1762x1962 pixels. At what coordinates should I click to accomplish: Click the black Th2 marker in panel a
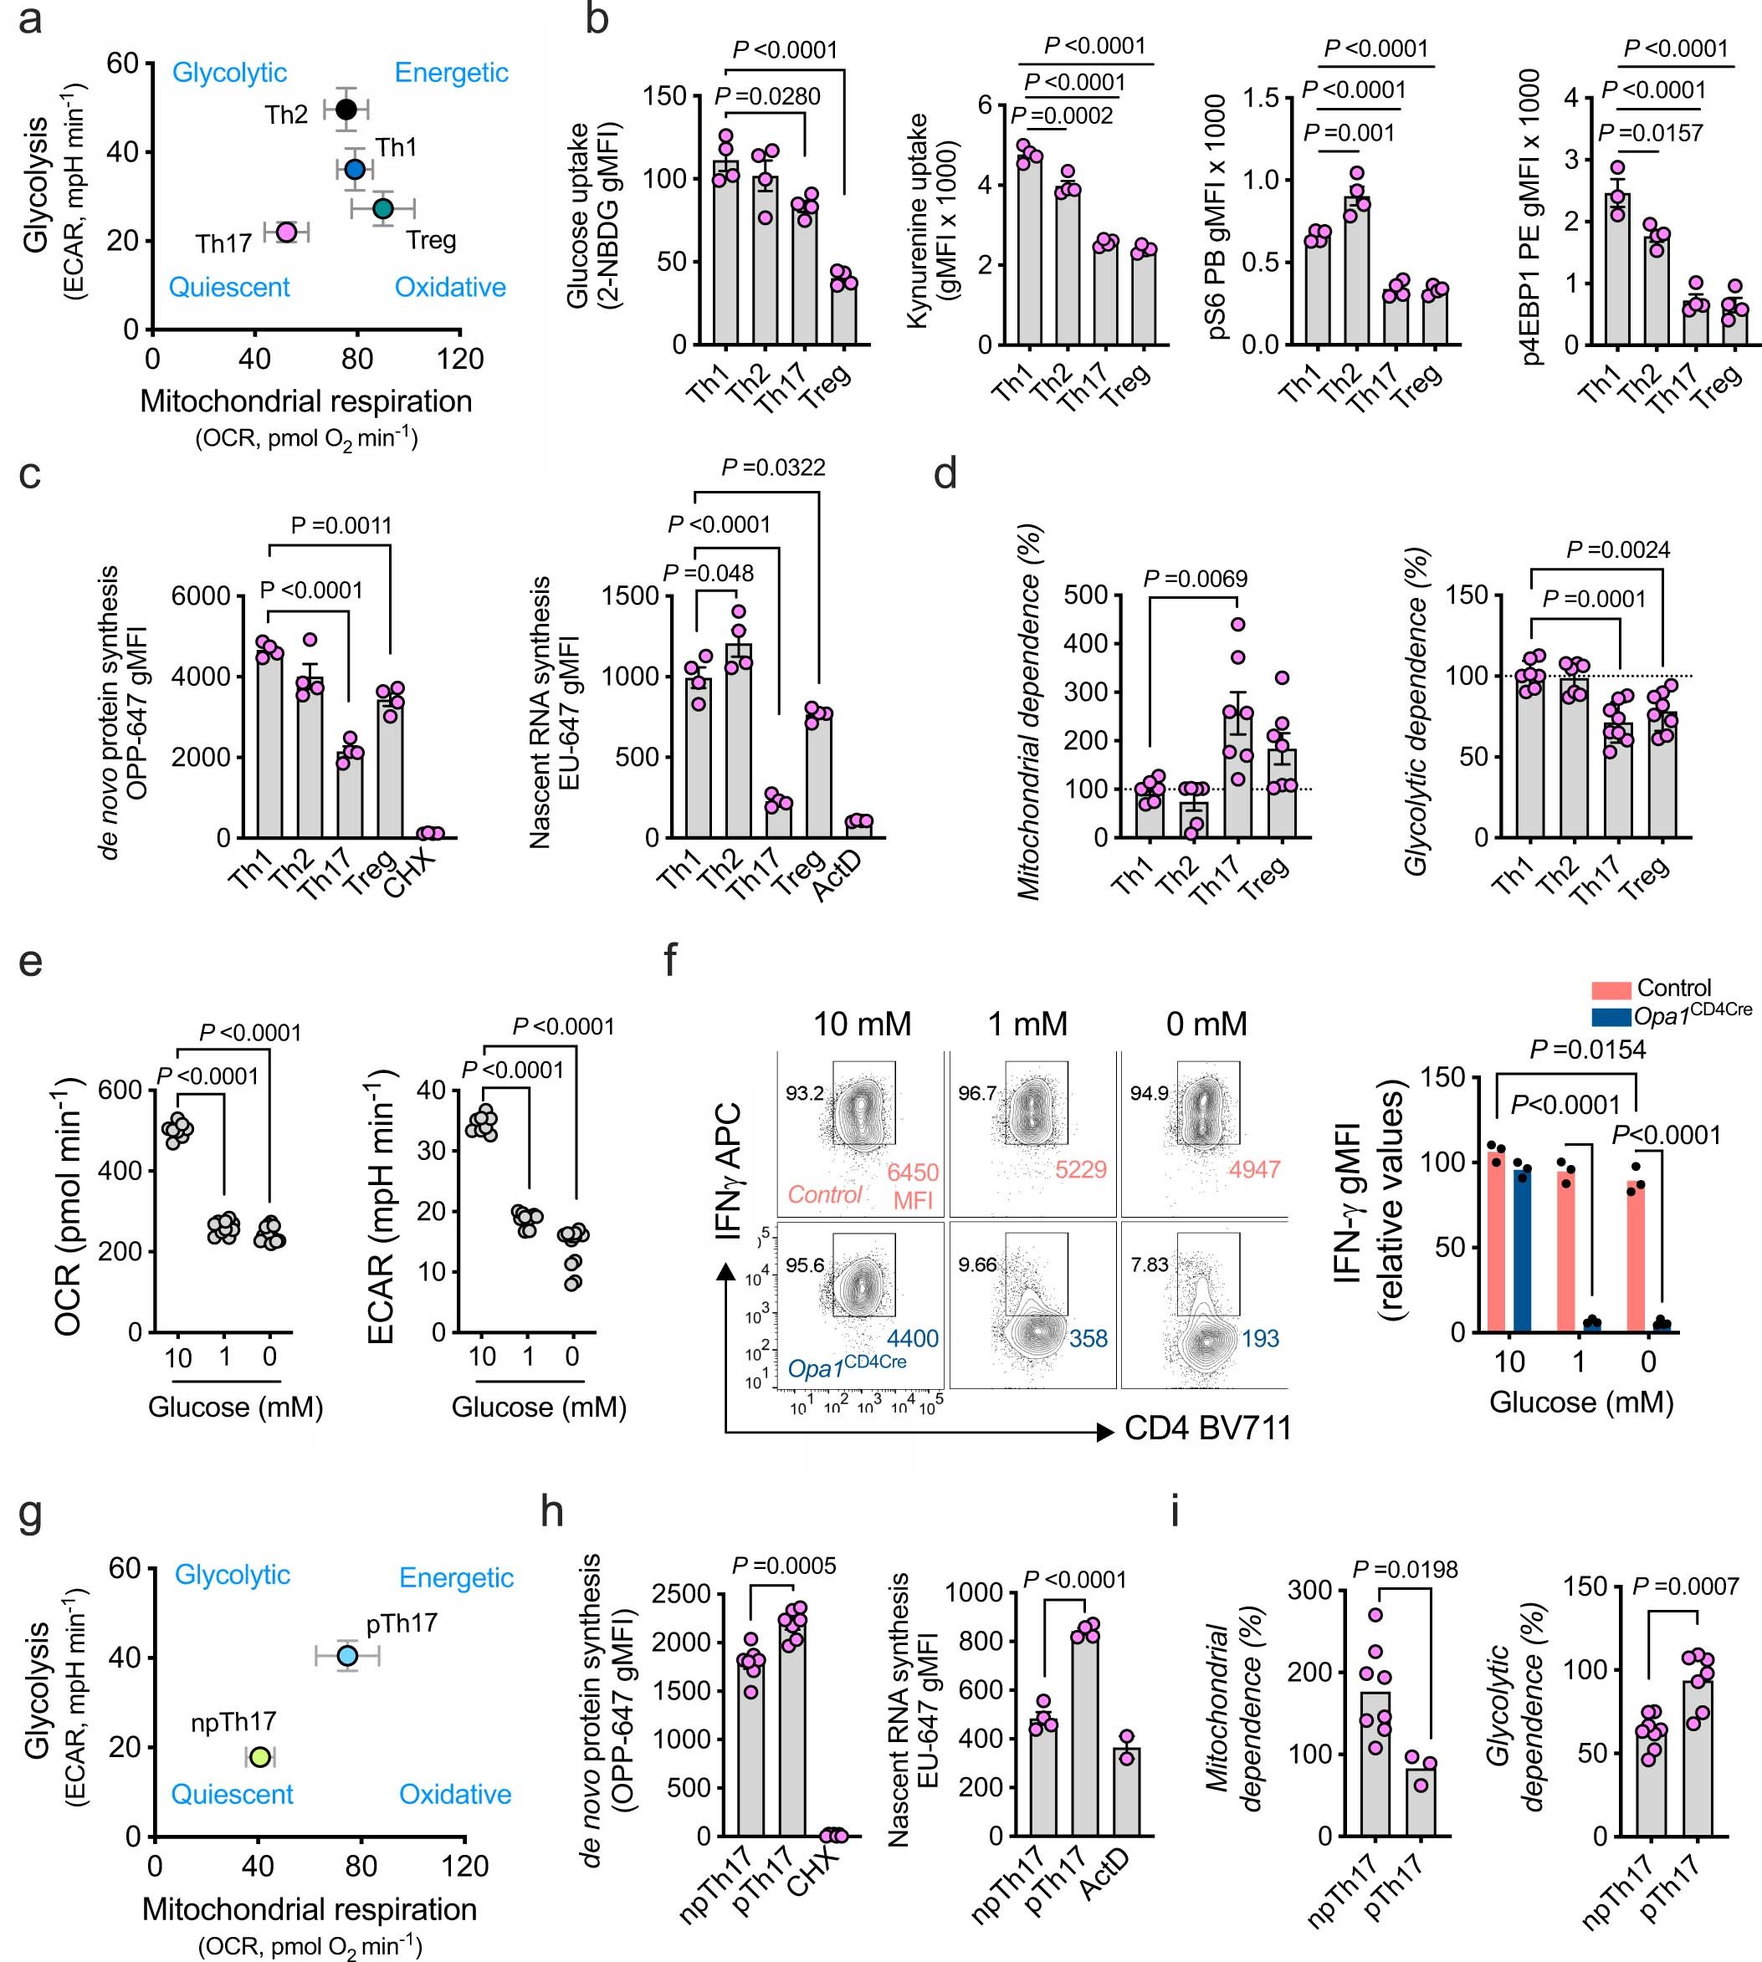346,109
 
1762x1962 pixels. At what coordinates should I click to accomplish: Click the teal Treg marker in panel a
383,208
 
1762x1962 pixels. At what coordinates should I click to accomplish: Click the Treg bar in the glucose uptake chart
843,313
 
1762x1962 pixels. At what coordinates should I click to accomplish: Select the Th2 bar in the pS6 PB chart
1357,271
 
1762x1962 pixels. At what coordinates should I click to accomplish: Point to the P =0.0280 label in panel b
766,96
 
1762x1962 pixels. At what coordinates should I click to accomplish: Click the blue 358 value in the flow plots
1088,1339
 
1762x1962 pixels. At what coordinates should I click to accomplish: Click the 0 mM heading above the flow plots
1206,1024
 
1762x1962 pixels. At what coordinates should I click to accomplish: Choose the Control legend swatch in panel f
1610,989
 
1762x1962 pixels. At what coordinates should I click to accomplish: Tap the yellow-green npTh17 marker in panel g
259,1757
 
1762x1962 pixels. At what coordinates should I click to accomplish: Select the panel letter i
1176,1511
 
